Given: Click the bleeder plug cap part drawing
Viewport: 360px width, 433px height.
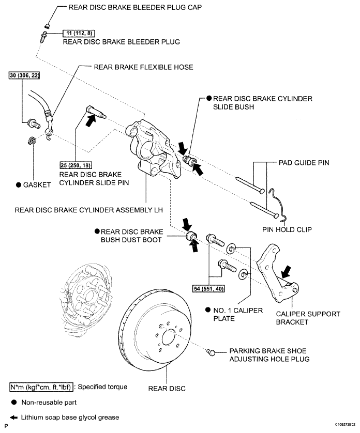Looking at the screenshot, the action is coord(47,26).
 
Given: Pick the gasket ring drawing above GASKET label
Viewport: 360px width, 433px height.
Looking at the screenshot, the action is coord(32,140).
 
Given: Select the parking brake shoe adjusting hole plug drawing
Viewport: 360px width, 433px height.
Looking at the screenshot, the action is coord(211,352).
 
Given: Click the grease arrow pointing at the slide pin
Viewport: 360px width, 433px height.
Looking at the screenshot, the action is coord(91,120).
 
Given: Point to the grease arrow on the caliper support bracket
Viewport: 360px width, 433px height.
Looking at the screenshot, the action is coord(286,272).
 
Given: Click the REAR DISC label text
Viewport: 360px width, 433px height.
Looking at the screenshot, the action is coord(167,389).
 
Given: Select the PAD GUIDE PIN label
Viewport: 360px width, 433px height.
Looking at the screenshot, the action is coord(304,163).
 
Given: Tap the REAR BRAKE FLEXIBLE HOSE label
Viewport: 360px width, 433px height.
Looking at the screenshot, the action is coord(143,67).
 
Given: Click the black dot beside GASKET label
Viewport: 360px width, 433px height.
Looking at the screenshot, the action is coord(19,185).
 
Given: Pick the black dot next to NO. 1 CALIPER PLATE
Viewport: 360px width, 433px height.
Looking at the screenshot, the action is coord(208,310).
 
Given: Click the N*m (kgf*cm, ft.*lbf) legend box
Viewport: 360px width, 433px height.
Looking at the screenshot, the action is coord(41,387).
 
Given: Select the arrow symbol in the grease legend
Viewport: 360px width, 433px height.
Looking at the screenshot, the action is coord(13,417).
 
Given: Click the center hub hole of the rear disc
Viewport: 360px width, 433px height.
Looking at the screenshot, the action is coord(168,337).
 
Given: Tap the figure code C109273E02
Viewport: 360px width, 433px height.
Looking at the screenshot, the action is coord(346,424).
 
